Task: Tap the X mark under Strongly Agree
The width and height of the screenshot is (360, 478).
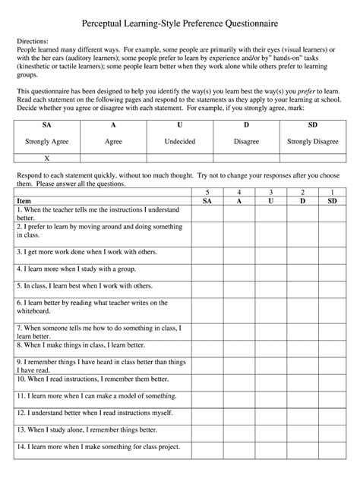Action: (x=47, y=159)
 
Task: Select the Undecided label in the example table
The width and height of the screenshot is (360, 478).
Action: (x=179, y=141)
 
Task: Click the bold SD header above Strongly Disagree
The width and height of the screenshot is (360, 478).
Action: (x=313, y=124)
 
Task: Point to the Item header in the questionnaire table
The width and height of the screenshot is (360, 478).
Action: (x=24, y=201)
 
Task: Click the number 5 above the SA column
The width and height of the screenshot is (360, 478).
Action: (x=207, y=193)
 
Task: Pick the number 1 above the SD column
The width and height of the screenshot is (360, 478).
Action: (x=332, y=193)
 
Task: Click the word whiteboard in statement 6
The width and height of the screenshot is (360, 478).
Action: (x=36, y=310)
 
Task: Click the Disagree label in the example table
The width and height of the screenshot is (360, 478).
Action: (x=246, y=141)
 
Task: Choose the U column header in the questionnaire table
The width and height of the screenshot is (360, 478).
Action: (x=270, y=201)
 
